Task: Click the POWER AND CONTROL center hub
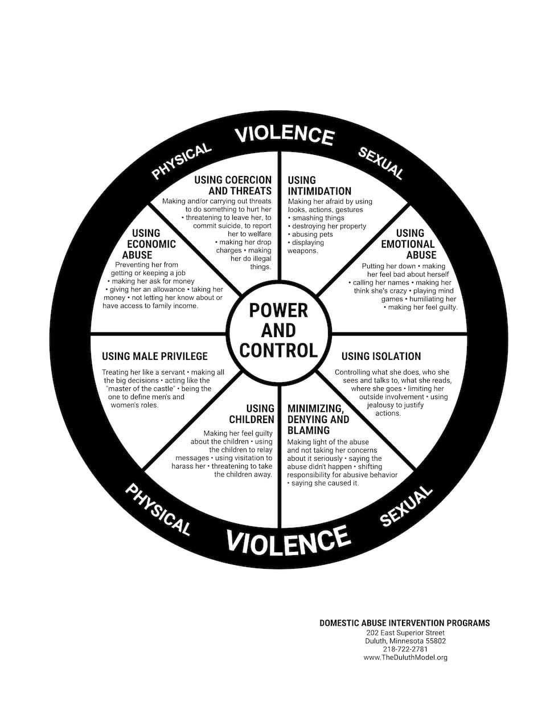pos(278,330)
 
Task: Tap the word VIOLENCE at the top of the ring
pos(284,134)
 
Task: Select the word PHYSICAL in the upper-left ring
pos(181,161)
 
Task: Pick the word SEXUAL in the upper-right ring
pos(380,163)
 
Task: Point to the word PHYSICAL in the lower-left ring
pos(157,509)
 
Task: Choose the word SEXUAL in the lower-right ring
pos(405,506)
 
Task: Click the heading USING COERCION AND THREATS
pos(233,186)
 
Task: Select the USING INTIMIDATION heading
pos(319,186)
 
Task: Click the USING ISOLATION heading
pos(381,356)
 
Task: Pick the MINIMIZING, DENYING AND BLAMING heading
pos(318,420)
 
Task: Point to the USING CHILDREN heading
pos(252,414)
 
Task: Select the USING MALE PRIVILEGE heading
pos(155,356)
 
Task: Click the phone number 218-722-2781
pos(405,649)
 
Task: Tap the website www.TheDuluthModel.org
pos(405,657)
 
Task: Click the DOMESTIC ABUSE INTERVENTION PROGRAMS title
pos(404,623)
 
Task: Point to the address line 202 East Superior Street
pos(405,633)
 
